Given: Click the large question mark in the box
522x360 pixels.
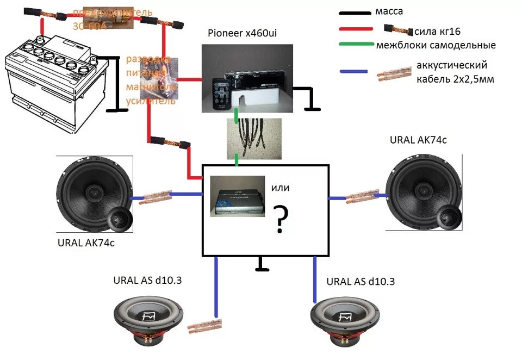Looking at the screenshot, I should pyautogui.click(x=281, y=220).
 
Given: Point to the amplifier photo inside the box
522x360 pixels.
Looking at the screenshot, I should pyautogui.click(x=238, y=196).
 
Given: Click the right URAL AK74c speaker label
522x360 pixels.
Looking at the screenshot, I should pyautogui.click(x=418, y=140).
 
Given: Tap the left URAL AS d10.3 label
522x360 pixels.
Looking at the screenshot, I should pyautogui.click(x=147, y=280).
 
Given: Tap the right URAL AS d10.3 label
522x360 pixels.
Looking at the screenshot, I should pyautogui.click(x=361, y=281).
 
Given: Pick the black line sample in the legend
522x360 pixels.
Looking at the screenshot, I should pyautogui.click(x=355, y=13).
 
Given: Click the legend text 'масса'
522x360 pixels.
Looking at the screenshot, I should pyautogui.click(x=389, y=11).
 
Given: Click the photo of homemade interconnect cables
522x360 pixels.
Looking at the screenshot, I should pyautogui.click(x=253, y=139).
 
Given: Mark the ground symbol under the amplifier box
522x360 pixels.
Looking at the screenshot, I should pyautogui.click(x=263, y=265).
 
